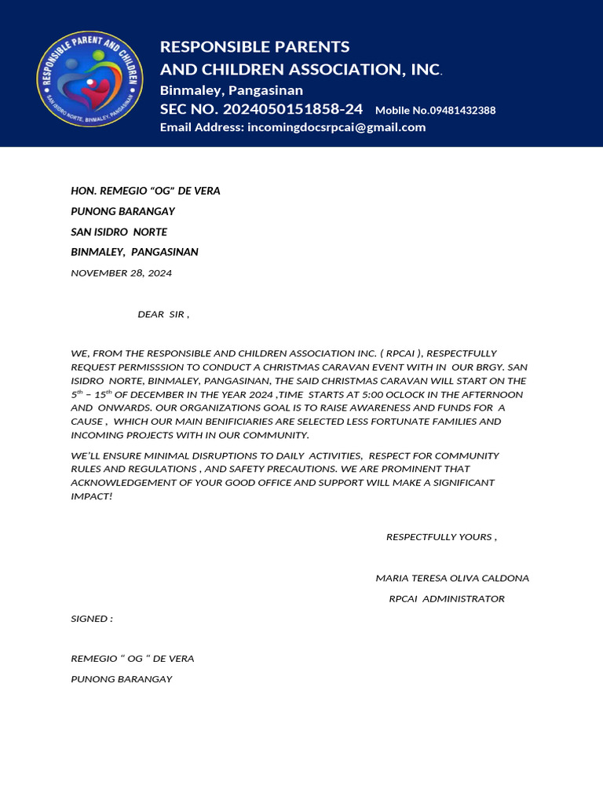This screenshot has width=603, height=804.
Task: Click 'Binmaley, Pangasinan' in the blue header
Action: (232, 90)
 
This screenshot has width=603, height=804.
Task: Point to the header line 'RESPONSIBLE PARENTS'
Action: (255, 46)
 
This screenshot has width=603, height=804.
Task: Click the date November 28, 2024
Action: (121, 273)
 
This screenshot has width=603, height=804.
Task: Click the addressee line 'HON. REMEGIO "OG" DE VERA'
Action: (145, 191)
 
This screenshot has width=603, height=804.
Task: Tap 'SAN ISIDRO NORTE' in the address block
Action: (119, 232)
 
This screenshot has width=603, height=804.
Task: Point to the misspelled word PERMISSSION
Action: (142, 367)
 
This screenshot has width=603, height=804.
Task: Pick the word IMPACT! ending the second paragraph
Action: (92, 496)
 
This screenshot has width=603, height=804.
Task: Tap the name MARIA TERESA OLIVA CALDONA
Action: (452, 578)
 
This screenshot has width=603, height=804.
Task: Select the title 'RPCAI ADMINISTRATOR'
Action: (447, 598)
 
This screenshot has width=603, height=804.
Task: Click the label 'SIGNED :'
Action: (92, 619)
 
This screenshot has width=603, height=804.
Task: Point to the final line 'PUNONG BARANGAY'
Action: (121, 678)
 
